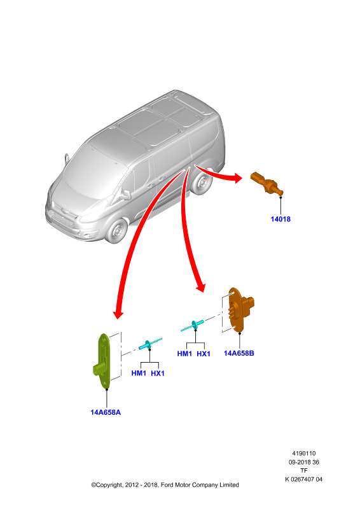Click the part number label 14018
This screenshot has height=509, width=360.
click(x=280, y=219)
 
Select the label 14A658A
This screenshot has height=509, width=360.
click(x=106, y=412)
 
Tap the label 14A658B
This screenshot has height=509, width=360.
click(x=239, y=353)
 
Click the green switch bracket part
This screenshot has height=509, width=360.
click(x=104, y=360)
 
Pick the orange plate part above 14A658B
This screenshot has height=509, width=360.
click(x=240, y=309)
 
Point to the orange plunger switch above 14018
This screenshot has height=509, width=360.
click(x=267, y=183)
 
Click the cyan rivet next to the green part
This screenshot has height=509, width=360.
click(x=149, y=344)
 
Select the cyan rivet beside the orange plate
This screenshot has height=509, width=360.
click(x=193, y=325)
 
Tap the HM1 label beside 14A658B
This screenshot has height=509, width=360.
click(x=184, y=354)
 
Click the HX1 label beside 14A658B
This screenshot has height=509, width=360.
click(x=204, y=354)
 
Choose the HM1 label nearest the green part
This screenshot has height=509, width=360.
click(x=139, y=373)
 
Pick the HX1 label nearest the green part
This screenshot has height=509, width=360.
click(x=158, y=373)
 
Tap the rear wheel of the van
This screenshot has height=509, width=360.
click(x=201, y=183)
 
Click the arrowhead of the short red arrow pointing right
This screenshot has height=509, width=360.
click(x=238, y=178)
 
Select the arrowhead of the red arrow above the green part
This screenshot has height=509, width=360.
click(x=118, y=314)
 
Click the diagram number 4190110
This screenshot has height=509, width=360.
click(x=304, y=454)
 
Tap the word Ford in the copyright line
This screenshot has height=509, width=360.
click(x=167, y=485)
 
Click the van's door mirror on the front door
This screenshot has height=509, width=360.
click(x=126, y=195)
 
